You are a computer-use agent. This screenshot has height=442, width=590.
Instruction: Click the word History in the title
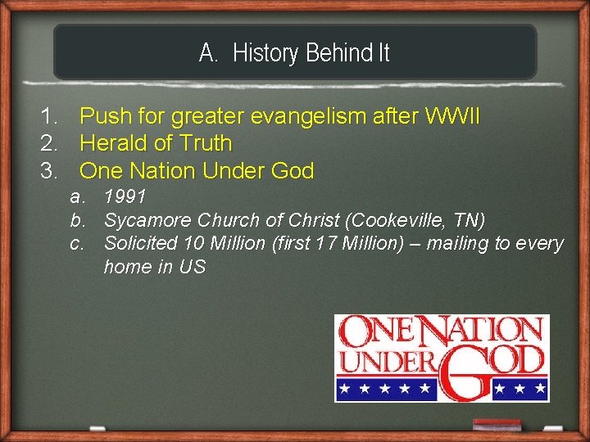[x=265, y=53]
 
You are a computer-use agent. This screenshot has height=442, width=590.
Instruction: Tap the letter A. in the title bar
[x=209, y=53]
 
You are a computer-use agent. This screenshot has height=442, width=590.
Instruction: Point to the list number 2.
[x=50, y=144]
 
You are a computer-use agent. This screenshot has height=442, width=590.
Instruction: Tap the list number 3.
[x=50, y=172]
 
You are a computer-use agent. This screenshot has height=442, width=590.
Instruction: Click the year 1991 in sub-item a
[x=125, y=197]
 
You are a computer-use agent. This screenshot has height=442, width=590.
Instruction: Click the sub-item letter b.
[x=77, y=221]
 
